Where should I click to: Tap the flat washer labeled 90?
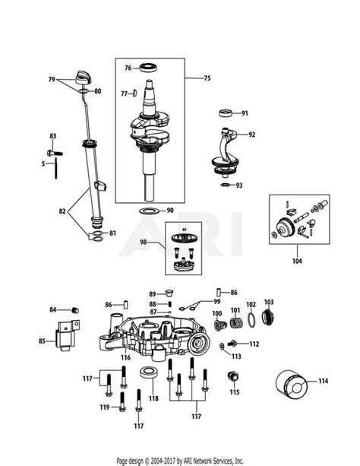click(150, 210)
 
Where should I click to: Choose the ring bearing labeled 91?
click(226, 115)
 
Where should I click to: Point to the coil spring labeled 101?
click(235, 324)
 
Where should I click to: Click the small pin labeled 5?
click(57, 168)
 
